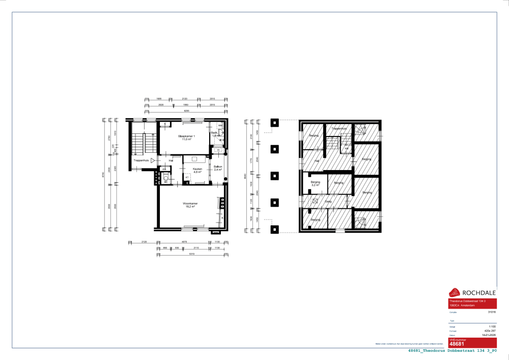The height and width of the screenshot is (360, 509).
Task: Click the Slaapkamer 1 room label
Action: [x=187, y=137]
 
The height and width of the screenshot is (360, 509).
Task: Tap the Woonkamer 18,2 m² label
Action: [x=191, y=205]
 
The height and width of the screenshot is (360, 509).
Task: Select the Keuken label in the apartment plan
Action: [x=197, y=169]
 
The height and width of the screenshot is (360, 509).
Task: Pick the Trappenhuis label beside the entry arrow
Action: [x=141, y=160]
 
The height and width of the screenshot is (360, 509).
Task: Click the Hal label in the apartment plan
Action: [x=171, y=161]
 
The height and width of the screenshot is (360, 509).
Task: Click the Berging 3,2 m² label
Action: [x=315, y=184]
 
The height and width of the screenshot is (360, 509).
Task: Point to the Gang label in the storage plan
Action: [x=328, y=201]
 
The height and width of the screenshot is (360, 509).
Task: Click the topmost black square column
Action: [x=275, y=123]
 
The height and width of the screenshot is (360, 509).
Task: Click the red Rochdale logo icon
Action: [x=454, y=292]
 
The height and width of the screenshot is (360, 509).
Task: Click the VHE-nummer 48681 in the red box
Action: [x=457, y=344]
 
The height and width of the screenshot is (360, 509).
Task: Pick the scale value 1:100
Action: [x=492, y=326]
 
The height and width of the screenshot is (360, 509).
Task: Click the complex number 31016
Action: [x=492, y=311]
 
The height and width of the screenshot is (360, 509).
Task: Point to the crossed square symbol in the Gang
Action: [x=316, y=201]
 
